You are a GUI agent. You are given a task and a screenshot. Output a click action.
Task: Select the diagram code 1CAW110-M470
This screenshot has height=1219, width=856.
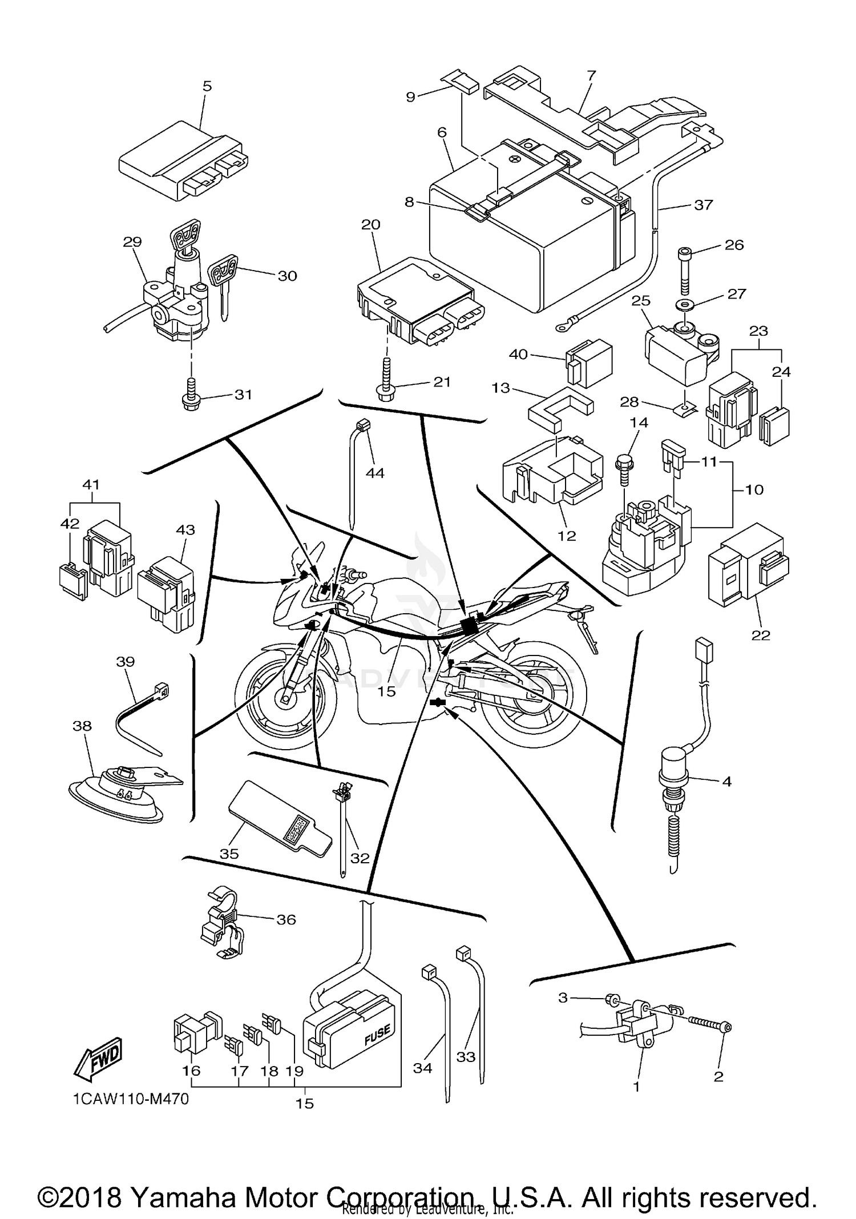coord(131,1099)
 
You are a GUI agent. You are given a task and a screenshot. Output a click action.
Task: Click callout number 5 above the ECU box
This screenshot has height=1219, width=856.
coord(207,86)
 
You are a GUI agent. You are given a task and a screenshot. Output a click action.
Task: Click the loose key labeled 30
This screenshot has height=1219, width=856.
coord(224,284)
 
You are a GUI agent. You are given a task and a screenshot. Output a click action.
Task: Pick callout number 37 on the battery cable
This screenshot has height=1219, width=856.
coord(703,204)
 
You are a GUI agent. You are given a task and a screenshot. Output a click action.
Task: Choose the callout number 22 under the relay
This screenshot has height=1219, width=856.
coord(761,635)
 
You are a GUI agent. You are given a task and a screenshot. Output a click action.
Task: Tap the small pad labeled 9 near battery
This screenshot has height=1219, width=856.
coord(461,82)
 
